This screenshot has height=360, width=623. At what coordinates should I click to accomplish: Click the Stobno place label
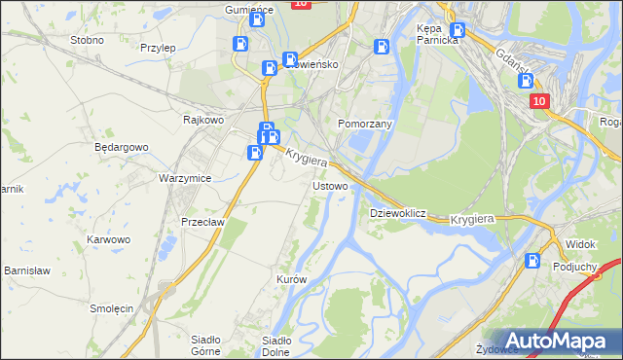click(x=87, y=41)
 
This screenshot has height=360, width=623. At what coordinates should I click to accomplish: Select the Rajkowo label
click(x=204, y=120)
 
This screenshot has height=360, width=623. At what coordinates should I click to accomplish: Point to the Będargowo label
click(x=121, y=148)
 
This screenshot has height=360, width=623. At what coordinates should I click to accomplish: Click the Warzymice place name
click(x=185, y=179)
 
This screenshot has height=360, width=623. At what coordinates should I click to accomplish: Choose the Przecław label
click(x=203, y=222)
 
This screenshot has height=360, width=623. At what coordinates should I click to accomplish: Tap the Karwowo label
click(x=108, y=239)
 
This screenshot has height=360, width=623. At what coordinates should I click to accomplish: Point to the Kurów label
click(x=292, y=279)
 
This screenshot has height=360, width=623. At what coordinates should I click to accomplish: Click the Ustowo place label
click(x=328, y=185)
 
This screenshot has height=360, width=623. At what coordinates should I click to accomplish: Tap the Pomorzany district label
click(x=364, y=126)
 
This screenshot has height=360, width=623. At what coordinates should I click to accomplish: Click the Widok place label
click(x=580, y=243)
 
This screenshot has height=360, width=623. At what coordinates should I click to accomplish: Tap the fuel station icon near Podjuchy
click(x=532, y=260)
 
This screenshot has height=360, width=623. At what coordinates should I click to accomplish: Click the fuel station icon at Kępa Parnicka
click(x=458, y=30)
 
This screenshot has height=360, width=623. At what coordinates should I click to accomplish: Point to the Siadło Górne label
click(x=204, y=346)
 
